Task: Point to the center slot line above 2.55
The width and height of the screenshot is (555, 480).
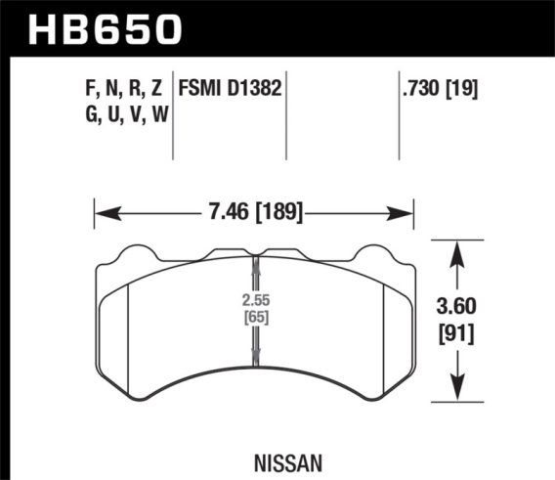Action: click(x=255, y=274)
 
